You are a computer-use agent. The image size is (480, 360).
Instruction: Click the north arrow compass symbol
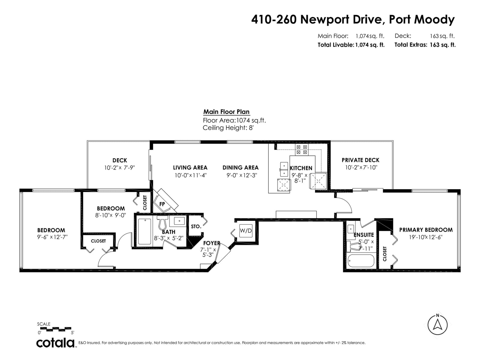pyautogui.click(x=437, y=325)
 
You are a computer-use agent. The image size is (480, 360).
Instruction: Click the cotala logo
pyautogui.click(x=55, y=343)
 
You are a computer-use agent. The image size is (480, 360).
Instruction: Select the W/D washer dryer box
pyautogui.click(x=246, y=231)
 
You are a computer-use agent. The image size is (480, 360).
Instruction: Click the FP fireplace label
pyautogui.click(x=162, y=204)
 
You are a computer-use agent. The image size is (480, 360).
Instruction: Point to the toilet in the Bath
pyautogui.click(x=162, y=222)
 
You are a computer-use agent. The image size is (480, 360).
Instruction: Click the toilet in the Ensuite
pyautogui.click(x=354, y=246)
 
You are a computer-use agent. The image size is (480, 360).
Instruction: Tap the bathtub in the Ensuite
pyautogui.click(x=361, y=261)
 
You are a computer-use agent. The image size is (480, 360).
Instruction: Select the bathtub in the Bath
pyautogui.click(x=145, y=232)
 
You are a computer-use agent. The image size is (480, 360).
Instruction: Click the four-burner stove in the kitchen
pyautogui.click(x=301, y=149)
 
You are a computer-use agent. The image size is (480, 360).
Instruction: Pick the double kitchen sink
pyautogui.click(x=284, y=169)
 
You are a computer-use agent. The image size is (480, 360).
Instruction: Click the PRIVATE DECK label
pyautogui.click(x=360, y=160)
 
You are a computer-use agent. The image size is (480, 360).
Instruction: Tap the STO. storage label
pyautogui.click(x=196, y=226)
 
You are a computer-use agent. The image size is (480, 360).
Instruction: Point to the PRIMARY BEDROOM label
pyautogui.click(x=426, y=230)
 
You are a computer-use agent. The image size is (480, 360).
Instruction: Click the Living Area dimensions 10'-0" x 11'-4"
pyautogui.click(x=190, y=175)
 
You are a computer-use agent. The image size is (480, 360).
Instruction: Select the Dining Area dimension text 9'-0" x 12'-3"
pyautogui.click(x=241, y=175)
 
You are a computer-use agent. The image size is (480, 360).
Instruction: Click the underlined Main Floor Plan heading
pyautogui.click(x=226, y=112)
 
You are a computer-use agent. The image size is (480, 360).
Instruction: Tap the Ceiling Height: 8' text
pyautogui.click(x=228, y=128)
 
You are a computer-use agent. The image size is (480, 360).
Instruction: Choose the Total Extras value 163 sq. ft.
pyautogui.click(x=442, y=45)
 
